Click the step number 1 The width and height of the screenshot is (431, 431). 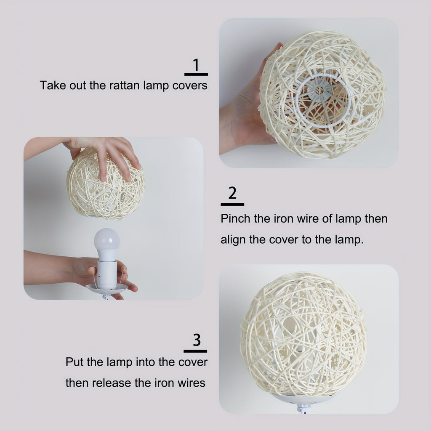coord(196,65)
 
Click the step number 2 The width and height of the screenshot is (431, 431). coord(232,193)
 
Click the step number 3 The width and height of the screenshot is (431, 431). coord(196,340)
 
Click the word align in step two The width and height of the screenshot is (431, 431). coord(233,240)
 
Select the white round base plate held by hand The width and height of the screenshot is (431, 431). coord(106,289)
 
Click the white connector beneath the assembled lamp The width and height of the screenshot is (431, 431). coord(303,408)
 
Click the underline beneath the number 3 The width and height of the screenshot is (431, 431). coord(195,351)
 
